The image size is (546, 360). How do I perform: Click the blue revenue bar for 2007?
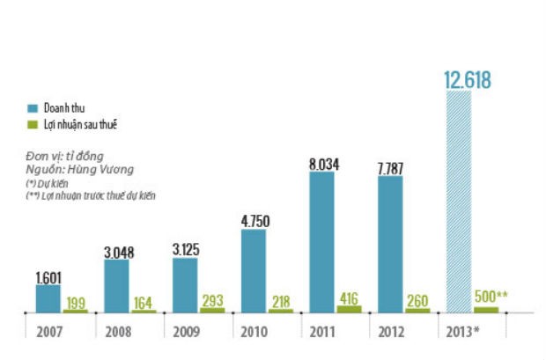pos(48,298)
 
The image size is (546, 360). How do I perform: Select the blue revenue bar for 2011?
pos(321,242)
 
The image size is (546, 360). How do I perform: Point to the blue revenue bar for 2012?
pos(390,244)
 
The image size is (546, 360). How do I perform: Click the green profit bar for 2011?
pos(349,309)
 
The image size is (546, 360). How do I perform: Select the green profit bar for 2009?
pos(212,310)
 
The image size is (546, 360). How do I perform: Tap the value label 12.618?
pos(467,81)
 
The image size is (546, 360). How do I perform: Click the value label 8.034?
pos(323,163)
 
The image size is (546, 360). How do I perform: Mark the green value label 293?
pos(212,299)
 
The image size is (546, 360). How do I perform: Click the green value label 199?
pos(75,302)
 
